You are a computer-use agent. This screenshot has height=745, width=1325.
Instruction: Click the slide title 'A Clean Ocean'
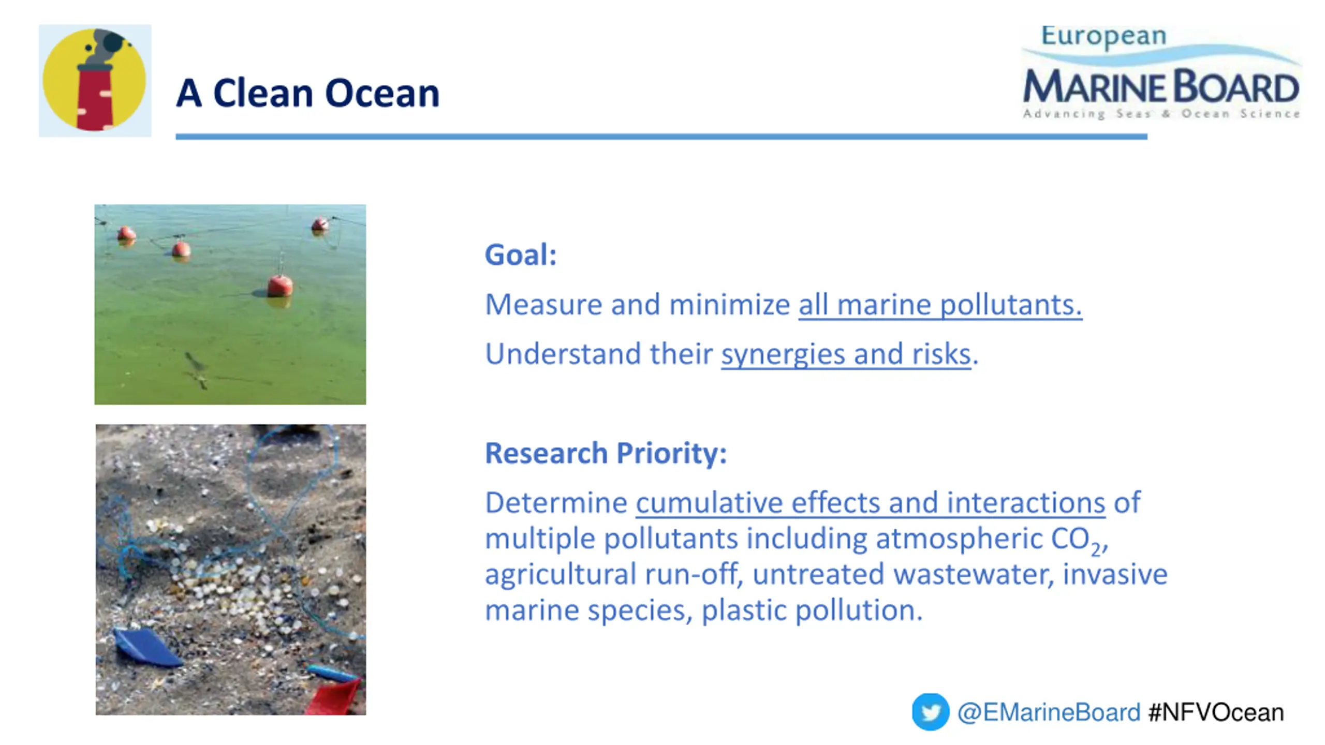[307, 94]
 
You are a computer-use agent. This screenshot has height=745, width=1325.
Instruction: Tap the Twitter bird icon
[930, 712]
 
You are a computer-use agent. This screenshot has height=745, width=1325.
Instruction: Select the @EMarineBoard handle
[1049, 712]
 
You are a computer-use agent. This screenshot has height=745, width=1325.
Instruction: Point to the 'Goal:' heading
[521, 255]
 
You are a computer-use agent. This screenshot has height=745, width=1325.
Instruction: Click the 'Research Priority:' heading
[606, 453]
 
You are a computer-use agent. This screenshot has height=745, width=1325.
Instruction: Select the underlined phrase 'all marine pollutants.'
[940, 304]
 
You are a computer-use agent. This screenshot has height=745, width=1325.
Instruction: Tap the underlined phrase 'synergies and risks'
[846, 354]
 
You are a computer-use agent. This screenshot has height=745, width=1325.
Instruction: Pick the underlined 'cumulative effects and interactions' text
[871, 502]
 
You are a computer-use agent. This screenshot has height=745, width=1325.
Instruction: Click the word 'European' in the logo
[1103, 37]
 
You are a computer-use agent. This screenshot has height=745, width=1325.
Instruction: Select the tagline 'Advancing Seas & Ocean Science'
[1161, 114]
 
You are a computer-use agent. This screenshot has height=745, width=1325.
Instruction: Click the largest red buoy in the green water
[280, 286]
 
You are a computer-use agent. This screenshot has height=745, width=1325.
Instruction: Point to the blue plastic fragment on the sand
[148, 647]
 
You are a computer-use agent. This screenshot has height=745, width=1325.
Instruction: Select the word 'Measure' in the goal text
[543, 304]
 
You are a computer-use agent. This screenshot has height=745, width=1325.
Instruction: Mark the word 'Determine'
[556, 503]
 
